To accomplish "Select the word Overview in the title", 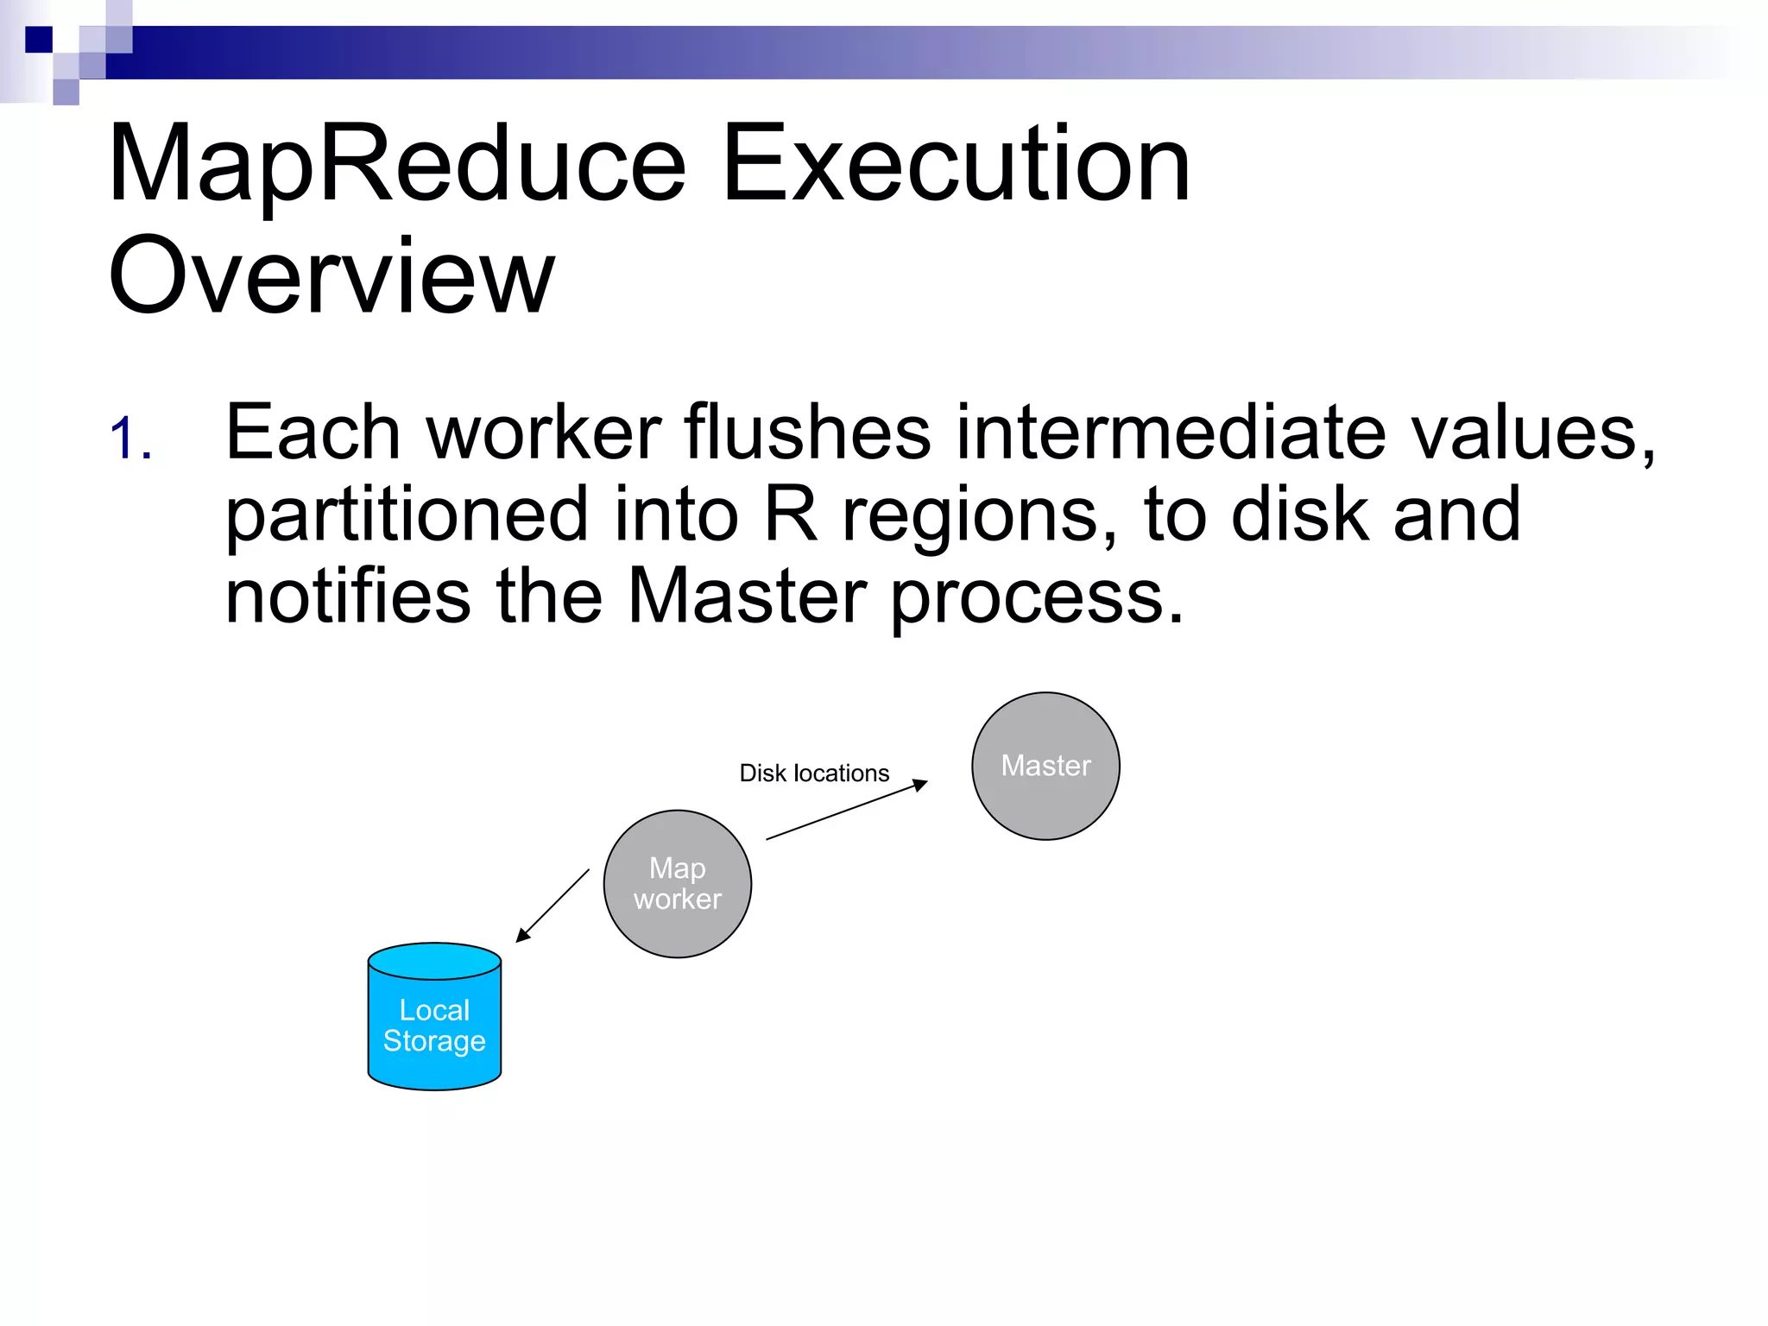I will click(x=331, y=276).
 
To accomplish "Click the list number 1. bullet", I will click(x=131, y=439).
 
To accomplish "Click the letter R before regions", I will click(x=790, y=515).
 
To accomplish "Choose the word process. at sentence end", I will click(x=1036, y=597).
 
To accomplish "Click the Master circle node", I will click(x=1045, y=766).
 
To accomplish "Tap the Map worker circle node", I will click(x=678, y=883).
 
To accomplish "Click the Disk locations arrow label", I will click(x=814, y=773).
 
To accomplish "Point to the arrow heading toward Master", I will click(x=846, y=810).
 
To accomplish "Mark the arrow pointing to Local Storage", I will click(x=552, y=906).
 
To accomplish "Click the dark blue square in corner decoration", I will click(x=39, y=40).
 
